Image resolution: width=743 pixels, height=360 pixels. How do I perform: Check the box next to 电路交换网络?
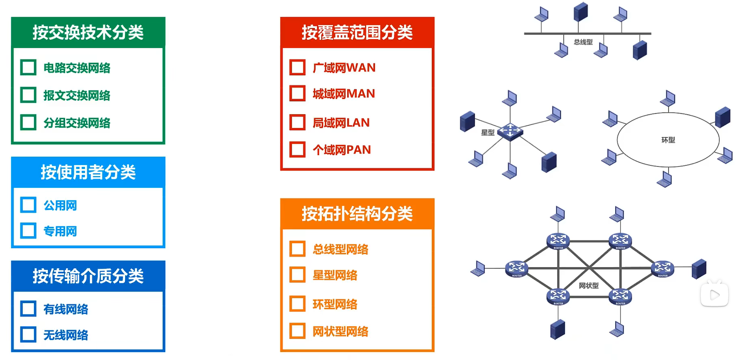click(x=28, y=68)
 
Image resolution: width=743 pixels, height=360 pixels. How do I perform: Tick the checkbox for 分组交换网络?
click(x=28, y=122)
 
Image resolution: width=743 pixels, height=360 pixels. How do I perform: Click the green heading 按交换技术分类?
click(x=88, y=33)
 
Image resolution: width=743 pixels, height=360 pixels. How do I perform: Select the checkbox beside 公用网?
click(x=28, y=205)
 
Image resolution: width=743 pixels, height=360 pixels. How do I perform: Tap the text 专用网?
click(x=60, y=231)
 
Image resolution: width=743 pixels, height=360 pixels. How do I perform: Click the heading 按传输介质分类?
click(x=88, y=276)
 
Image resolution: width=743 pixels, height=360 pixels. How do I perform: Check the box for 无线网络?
click(x=28, y=334)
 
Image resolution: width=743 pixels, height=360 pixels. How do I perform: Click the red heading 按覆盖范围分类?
click(x=357, y=33)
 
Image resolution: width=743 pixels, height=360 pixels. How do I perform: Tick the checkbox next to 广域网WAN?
click(x=298, y=68)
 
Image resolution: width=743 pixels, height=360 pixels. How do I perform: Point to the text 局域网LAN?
click(x=341, y=122)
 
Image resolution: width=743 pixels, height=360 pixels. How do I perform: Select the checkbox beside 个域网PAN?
click(x=298, y=149)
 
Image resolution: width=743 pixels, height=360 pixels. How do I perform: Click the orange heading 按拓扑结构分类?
click(x=357, y=214)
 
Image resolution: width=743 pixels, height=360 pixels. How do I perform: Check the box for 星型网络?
click(x=298, y=275)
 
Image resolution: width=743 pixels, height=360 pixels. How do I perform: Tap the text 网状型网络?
click(x=340, y=332)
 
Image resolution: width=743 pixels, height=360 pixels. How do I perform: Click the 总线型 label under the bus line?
click(x=583, y=42)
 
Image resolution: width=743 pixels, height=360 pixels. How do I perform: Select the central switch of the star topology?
click(x=510, y=131)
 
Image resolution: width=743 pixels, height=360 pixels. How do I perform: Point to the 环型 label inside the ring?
click(x=668, y=140)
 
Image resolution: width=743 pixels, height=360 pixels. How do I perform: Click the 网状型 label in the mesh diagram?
click(x=589, y=286)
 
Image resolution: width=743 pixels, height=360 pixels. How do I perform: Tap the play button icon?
click(x=715, y=295)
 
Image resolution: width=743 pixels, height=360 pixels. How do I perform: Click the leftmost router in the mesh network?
click(x=516, y=269)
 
